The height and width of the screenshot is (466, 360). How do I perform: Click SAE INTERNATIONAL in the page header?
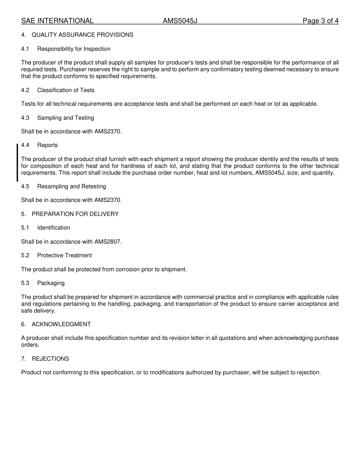tap(57, 21)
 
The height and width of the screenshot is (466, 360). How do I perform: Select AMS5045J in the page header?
tap(180, 21)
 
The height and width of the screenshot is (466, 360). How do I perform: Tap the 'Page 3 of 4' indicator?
tap(320, 21)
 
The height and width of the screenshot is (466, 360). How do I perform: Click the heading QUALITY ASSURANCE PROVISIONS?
tap(82, 35)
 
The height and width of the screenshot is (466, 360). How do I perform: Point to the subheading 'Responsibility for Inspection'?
tap(74, 49)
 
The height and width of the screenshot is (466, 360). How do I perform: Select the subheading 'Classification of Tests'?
tap(66, 90)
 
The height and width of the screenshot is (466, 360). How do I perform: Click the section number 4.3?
tap(25, 118)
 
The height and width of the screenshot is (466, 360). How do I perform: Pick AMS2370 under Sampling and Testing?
tap(108, 131)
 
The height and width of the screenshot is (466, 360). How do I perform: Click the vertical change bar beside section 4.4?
tap(17, 163)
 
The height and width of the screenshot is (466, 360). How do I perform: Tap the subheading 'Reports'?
tap(47, 145)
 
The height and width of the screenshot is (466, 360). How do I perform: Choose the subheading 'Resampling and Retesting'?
tap(72, 186)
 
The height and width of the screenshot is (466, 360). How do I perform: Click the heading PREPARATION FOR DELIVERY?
tap(75, 214)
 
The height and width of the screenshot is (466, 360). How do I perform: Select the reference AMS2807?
tap(108, 242)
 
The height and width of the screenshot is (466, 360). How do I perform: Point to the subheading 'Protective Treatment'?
tap(64, 255)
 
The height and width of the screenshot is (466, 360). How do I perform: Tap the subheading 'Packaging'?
tap(51, 283)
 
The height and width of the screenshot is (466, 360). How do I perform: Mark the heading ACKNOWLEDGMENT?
tap(61, 324)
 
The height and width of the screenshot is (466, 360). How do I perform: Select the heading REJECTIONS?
tap(50, 359)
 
